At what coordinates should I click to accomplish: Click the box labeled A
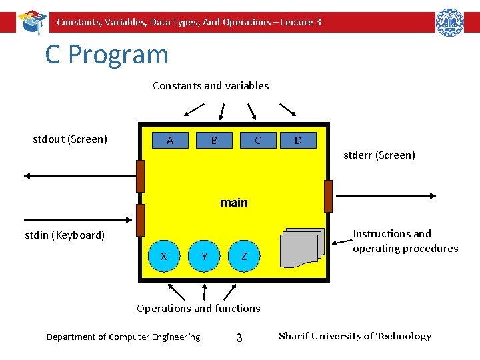pyautogui.click(x=170, y=141)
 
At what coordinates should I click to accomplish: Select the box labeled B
pyautogui.click(x=214, y=141)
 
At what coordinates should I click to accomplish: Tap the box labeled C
pyautogui.click(x=257, y=141)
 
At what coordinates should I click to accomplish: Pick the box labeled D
pyautogui.click(x=298, y=141)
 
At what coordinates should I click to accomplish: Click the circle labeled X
pyautogui.click(x=164, y=257)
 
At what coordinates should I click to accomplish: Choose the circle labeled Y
pyautogui.click(x=205, y=257)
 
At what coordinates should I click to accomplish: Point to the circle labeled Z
pyautogui.click(x=245, y=257)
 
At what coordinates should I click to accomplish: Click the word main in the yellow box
pyautogui.click(x=234, y=203)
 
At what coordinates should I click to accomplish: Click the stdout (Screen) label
pyautogui.click(x=70, y=139)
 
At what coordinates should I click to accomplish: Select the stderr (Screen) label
pyautogui.click(x=379, y=155)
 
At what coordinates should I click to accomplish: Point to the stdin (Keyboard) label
pyautogui.click(x=65, y=235)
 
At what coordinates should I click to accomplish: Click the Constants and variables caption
pyautogui.click(x=211, y=85)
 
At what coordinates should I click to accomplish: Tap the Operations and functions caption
pyautogui.click(x=199, y=308)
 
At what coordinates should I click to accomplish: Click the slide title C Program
pyautogui.click(x=107, y=54)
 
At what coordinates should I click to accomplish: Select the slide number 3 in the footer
pyautogui.click(x=239, y=338)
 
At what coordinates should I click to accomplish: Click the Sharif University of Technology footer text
pyautogui.click(x=355, y=336)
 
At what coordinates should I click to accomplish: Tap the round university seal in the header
pyautogui.click(x=449, y=22)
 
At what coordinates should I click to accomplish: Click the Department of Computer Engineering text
pyautogui.click(x=123, y=337)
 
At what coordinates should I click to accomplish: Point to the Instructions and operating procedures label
pyautogui.click(x=405, y=241)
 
